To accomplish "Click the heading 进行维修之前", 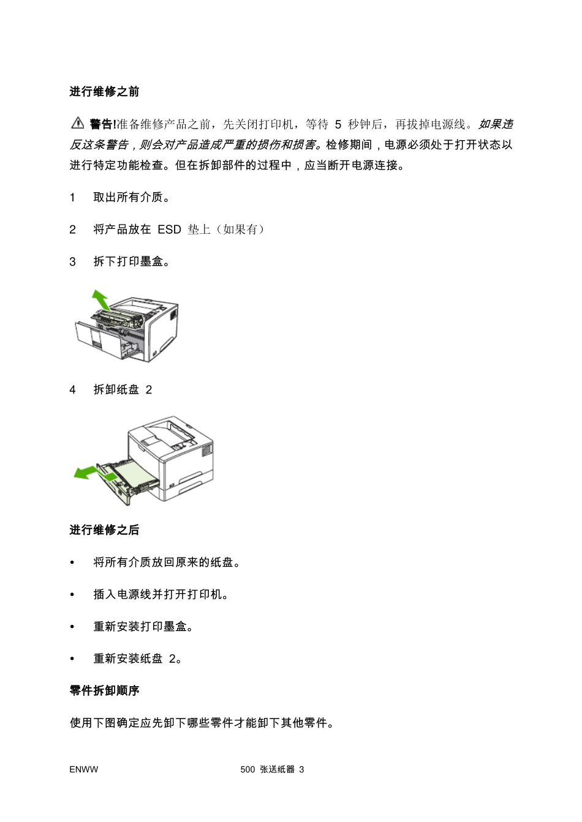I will pyautogui.click(x=104, y=92).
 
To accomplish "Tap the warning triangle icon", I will pyautogui.click(x=77, y=124).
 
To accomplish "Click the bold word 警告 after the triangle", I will pyautogui.click(x=101, y=124).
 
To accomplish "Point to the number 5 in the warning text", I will pyautogui.click(x=338, y=124).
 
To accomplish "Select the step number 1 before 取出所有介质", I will pyautogui.click(x=73, y=197).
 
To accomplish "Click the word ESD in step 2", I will pyautogui.click(x=169, y=230).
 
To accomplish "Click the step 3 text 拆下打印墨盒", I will pyautogui.click(x=131, y=262).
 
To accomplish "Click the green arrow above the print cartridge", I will pyautogui.click(x=99, y=300).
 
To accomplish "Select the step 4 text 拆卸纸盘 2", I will pyautogui.click(x=123, y=390).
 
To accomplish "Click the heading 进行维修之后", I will pyautogui.click(x=104, y=530).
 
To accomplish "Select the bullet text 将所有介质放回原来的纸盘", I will pyautogui.click(x=166, y=562).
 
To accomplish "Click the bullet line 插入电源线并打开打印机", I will pyautogui.click(x=161, y=594).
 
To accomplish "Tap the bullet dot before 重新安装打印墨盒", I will pyautogui.click(x=72, y=627).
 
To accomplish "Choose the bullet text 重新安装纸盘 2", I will pyautogui.click(x=138, y=659).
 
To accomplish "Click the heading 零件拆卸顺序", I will pyautogui.click(x=104, y=690).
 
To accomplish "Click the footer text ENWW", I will pyautogui.click(x=83, y=769).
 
